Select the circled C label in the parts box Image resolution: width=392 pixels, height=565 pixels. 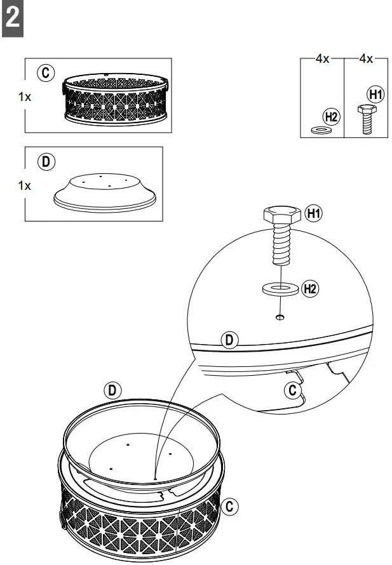(46, 74)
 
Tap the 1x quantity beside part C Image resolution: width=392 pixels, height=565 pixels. (25, 97)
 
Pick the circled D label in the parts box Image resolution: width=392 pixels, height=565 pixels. (45, 161)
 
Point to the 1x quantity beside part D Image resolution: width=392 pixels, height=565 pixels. (25, 186)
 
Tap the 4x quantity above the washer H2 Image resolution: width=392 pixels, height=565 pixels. (323, 58)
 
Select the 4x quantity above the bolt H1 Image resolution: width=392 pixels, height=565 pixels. (365, 58)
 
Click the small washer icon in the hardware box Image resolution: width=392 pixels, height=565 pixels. (321, 130)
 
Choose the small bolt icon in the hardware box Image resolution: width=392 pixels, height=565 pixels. (365, 119)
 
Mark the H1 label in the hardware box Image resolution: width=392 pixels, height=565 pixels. (375, 95)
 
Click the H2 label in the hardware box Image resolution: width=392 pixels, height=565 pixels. (331, 116)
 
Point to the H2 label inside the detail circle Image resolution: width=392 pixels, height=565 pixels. (310, 289)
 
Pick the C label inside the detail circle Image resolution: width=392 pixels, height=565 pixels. (292, 389)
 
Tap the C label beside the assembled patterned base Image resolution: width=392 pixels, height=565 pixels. (231, 506)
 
